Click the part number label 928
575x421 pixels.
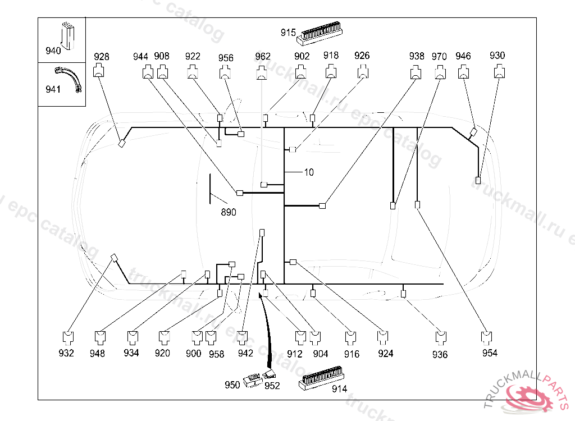[x=102, y=56]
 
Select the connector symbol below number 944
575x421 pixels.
[x=147, y=72]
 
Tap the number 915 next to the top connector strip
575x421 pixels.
[x=288, y=33]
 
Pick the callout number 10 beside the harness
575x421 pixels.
[x=309, y=172]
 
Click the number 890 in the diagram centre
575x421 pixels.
[x=229, y=212]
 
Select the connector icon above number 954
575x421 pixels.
[x=487, y=337]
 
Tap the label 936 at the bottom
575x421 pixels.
[x=440, y=354]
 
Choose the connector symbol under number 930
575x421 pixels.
[x=499, y=72]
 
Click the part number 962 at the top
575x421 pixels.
[x=263, y=56]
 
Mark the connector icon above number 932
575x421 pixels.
[x=67, y=337]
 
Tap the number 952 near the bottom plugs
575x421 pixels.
[x=272, y=386]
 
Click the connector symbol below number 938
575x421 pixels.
[x=416, y=72]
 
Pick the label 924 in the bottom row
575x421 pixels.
[x=386, y=354]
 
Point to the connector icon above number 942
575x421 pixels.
[x=243, y=337]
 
